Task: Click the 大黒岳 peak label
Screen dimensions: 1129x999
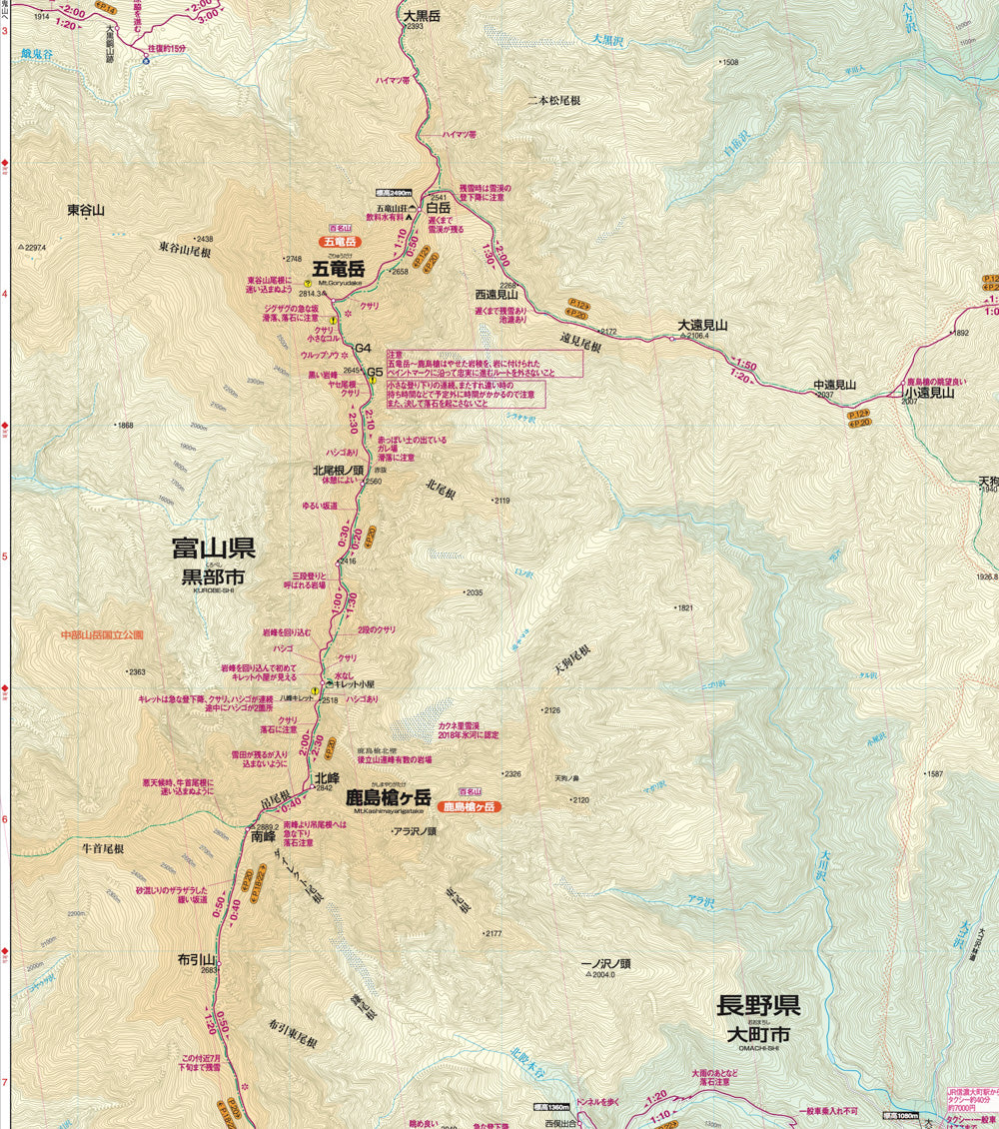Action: point(422,16)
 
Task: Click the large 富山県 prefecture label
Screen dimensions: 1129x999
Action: point(213,549)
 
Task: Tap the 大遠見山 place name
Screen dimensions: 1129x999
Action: point(702,325)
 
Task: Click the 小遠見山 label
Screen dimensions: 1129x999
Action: point(928,394)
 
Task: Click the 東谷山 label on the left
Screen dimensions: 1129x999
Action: point(86,210)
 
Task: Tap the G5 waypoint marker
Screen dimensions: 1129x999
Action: point(375,373)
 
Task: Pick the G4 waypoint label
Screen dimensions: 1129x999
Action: point(363,348)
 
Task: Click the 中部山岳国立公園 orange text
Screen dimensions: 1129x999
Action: point(101,634)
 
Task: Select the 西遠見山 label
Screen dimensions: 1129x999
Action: point(497,295)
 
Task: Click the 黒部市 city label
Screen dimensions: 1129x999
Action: point(212,577)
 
